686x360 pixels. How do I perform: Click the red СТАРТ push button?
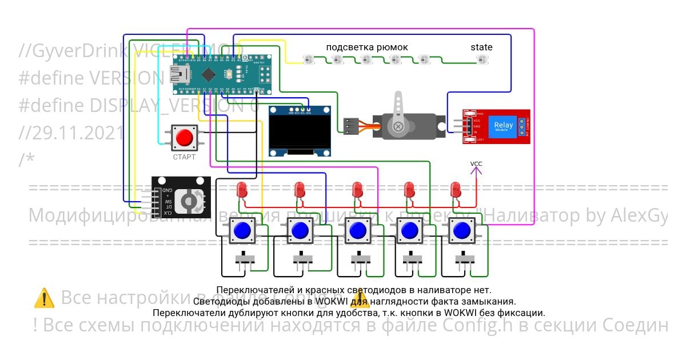184,138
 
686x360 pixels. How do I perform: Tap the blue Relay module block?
504,126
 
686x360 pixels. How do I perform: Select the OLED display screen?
301,135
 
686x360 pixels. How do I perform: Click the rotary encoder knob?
187,199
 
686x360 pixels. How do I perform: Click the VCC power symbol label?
476,164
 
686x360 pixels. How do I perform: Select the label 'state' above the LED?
481,47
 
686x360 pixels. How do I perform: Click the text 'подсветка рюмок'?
367,47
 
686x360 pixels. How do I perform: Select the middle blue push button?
357,231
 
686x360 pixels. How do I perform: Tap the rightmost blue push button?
461,231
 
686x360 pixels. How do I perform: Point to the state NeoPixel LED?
481,59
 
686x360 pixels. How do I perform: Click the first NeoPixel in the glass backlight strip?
307,59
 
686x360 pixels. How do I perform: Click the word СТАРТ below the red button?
184,157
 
